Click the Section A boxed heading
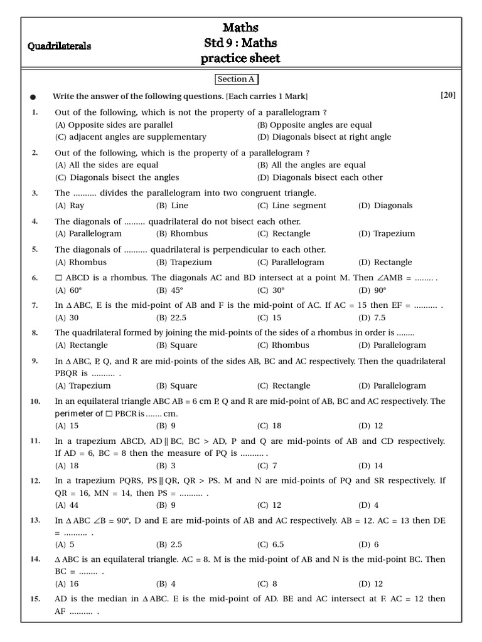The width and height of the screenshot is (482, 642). coord(236,80)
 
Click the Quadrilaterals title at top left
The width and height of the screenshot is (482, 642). coord(60,46)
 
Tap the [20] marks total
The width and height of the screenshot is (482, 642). coord(447,95)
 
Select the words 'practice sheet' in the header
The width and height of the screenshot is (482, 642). coord(240,59)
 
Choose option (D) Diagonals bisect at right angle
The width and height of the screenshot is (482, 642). coord(324,137)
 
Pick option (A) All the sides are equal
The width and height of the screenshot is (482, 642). coord(107,165)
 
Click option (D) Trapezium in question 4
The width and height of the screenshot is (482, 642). coord(387,234)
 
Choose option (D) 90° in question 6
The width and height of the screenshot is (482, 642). coord(372,290)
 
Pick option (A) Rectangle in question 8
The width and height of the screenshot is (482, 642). coord(82,345)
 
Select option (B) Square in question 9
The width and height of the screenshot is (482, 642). coord(176,386)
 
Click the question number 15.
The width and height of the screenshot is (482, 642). coord(35,599)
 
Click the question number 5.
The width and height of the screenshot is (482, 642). coord(35,250)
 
